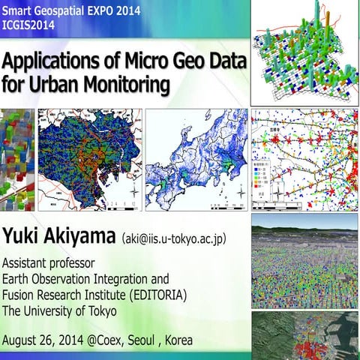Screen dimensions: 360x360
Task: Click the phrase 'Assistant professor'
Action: [49, 263]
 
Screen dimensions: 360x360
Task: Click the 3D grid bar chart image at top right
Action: [304, 52]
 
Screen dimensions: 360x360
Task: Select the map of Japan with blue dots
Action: [196, 160]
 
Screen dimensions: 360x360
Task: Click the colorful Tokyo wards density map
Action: [89, 160]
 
